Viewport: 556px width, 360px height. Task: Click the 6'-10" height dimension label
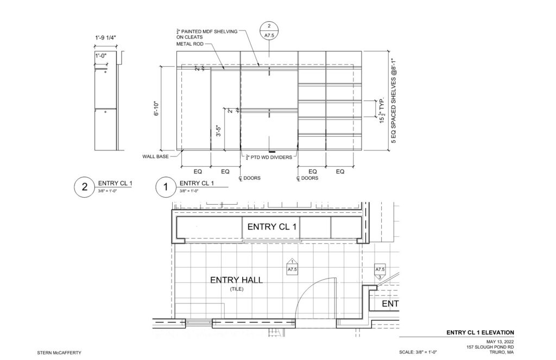[157, 109]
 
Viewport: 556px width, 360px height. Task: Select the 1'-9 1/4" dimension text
[105, 37]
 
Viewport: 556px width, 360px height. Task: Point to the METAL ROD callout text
[190, 44]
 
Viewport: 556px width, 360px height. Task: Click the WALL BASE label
[156, 156]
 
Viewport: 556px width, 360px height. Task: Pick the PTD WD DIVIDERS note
[269, 157]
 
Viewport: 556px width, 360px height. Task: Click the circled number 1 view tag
[166, 187]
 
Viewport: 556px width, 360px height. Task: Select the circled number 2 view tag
[84, 187]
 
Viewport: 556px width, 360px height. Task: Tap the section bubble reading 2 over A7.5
[269, 30]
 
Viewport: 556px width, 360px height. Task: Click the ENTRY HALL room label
[237, 280]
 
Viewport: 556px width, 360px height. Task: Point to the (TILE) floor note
[237, 289]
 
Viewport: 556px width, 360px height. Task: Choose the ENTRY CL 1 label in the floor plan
[271, 226]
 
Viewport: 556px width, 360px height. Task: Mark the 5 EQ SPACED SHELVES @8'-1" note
[394, 101]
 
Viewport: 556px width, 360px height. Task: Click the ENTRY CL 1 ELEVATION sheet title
[480, 332]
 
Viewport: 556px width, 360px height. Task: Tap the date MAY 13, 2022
[500, 342]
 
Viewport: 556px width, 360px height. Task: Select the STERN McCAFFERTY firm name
[59, 352]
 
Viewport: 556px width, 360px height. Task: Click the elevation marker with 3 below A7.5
[380, 271]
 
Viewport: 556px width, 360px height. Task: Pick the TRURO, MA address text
[501, 352]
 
